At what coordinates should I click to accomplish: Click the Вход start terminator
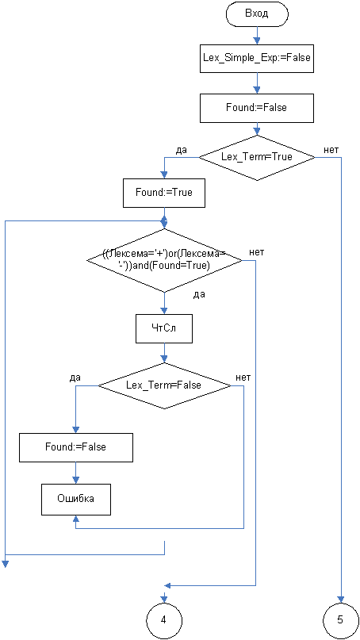[x=257, y=13]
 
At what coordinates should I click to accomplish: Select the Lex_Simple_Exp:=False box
[x=257, y=58]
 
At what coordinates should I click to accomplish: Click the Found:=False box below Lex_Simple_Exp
[x=257, y=108]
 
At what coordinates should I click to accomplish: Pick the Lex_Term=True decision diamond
[x=257, y=157]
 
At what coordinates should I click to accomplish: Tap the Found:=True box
[x=164, y=192]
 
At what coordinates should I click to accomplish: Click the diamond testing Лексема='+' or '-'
[x=164, y=260]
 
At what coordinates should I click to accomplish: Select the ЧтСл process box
[x=164, y=328]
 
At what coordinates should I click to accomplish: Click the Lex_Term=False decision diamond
[x=164, y=385]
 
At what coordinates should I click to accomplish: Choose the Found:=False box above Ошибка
[x=76, y=447]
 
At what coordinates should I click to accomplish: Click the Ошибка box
[x=76, y=499]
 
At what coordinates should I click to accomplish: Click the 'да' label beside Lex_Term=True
[x=182, y=150]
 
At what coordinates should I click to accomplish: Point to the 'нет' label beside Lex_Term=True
[x=331, y=150]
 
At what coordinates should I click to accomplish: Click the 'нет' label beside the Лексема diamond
[x=256, y=252]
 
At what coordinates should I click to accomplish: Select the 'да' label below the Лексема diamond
[x=199, y=295]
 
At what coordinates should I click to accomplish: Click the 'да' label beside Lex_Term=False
[x=75, y=377]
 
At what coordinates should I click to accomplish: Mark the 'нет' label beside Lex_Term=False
[x=243, y=377]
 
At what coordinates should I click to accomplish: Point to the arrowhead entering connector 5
[x=341, y=599]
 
